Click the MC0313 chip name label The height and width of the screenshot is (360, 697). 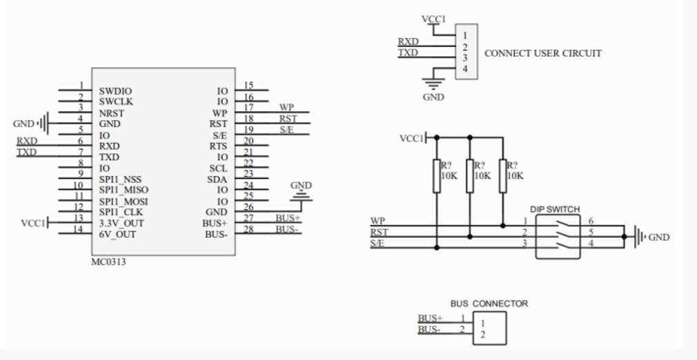(x=109, y=261)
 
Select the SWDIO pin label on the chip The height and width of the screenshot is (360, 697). (x=115, y=90)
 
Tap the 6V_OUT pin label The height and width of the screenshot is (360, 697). (x=117, y=234)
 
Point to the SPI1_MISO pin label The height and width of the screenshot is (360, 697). (x=124, y=190)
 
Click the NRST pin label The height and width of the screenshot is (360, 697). (x=111, y=112)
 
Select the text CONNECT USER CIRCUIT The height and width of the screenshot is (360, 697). (x=543, y=53)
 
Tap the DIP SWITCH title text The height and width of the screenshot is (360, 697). (x=555, y=209)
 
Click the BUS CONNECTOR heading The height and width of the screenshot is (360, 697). (x=489, y=303)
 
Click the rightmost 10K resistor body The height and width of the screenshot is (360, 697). (x=502, y=177)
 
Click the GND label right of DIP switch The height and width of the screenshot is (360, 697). (x=659, y=237)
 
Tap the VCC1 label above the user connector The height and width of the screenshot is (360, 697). (x=433, y=19)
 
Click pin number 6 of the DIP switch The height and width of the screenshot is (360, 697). (x=591, y=220)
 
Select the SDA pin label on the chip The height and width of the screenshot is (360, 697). (x=218, y=179)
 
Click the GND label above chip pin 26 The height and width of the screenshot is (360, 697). (x=301, y=186)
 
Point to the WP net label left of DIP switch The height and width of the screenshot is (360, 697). (x=377, y=220)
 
